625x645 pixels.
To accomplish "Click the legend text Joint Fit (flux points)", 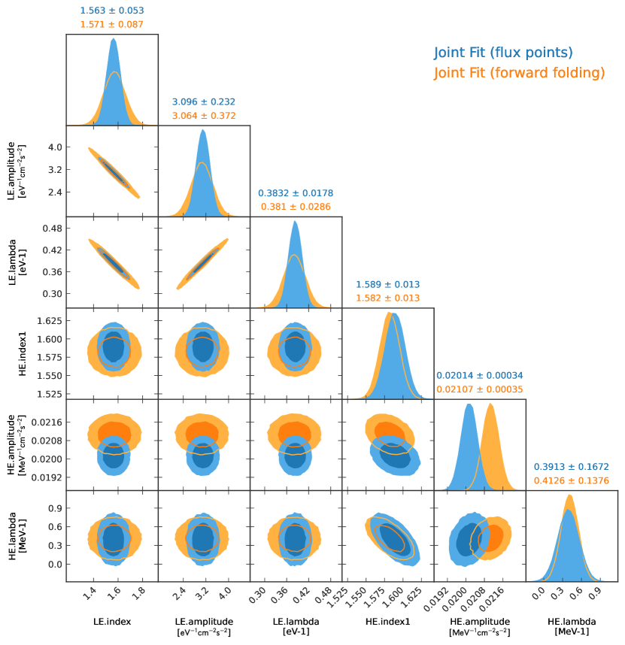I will tap(503, 53).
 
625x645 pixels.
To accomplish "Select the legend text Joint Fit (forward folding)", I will tap(519, 73).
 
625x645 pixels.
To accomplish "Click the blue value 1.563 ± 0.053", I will tap(112, 11).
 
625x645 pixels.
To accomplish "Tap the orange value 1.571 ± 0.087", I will tap(112, 25).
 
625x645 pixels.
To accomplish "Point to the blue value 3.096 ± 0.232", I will tap(204, 101).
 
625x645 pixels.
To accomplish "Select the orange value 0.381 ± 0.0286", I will tap(296, 207).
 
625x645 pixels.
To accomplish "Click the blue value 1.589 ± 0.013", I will tap(387, 284).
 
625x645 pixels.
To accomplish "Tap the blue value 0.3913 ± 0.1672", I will tap(572, 466).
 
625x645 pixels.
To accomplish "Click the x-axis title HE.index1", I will tap(387, 622).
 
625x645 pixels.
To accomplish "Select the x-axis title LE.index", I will tap(112, 622).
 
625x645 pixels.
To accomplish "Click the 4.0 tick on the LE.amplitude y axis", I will tap(53, 147).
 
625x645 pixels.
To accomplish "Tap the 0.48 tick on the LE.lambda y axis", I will tap(50, 228).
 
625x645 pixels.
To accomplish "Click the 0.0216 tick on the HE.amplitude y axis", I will tap(45, 422).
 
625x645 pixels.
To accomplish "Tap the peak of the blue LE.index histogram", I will tap(114, 39).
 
